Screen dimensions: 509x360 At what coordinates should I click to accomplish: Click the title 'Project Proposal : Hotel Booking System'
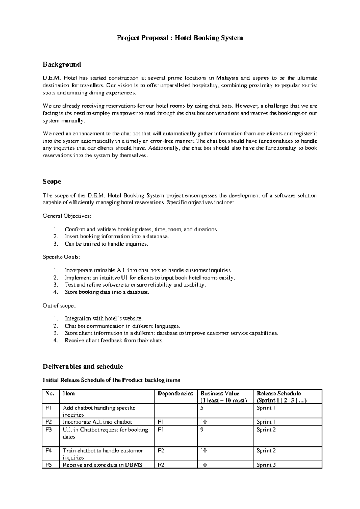180,38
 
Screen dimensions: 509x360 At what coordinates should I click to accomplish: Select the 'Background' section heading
62,64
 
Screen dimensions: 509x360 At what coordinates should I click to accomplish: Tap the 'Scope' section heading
52,182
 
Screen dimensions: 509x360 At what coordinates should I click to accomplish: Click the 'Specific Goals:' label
61,257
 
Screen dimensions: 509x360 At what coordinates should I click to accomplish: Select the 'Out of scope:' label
59,306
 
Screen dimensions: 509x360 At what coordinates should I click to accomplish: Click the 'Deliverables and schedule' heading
83,367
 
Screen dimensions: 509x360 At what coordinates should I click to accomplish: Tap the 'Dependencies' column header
175,394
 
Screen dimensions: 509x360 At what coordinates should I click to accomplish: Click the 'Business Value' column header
220,394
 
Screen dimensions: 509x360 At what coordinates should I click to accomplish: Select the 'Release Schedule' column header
279,394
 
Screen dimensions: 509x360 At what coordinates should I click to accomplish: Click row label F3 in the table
49,430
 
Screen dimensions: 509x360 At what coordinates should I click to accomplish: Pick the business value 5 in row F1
202,408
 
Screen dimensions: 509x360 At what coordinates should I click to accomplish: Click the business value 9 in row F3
202,430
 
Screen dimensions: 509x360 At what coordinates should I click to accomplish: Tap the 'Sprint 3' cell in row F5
266,465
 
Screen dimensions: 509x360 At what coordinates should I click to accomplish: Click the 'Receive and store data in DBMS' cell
102,465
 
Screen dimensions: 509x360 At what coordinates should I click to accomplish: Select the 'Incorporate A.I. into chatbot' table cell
97,422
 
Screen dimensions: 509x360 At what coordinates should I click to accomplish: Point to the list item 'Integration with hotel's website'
104,319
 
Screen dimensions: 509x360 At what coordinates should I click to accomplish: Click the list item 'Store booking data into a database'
107,292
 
